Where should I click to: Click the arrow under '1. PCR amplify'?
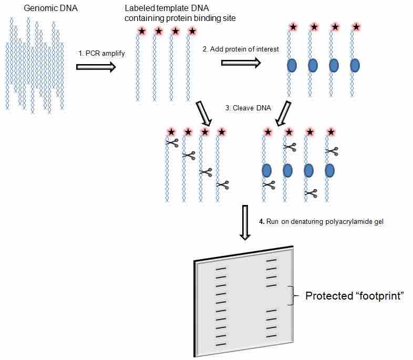(96, 67)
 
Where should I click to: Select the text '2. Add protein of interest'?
(241, 49)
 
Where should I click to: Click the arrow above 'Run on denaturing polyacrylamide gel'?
(245, 223)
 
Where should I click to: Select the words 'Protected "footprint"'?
(355, 296)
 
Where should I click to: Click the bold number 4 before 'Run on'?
(261, 221)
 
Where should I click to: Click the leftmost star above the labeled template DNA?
(141, 32)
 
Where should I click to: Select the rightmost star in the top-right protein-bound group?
(356, 26)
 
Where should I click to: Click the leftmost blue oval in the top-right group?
(292, 65)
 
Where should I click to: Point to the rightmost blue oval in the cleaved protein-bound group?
(329, 170)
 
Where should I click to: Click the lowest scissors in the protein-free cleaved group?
(223, 184)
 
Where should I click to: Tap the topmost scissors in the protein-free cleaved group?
(172, 142)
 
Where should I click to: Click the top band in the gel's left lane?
(221, 269)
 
